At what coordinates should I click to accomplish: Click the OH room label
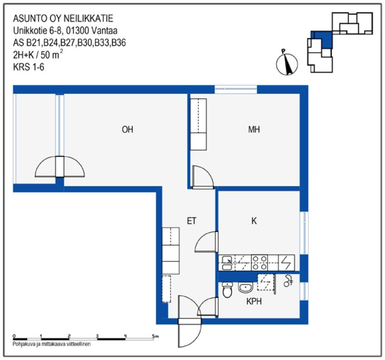127,130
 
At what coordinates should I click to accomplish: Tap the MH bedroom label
254,130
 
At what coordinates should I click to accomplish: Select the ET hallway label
192,221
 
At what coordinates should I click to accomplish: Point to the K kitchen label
254,221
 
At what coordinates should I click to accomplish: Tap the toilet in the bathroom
227,290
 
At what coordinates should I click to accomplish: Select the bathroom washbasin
245,288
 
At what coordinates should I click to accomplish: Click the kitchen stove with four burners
260,262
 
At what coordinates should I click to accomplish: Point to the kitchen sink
227,262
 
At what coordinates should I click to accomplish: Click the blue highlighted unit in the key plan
323,39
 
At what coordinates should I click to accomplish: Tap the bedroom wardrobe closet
198,125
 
